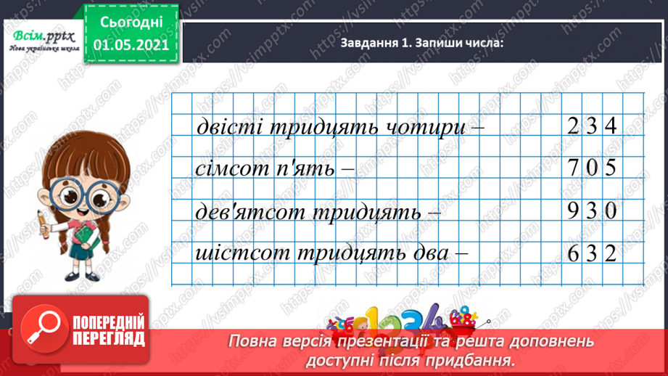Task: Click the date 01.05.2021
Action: point(131,44)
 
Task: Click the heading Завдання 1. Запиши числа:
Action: point(420,44)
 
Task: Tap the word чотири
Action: point(421,128)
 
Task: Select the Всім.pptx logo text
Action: point(37,33)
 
